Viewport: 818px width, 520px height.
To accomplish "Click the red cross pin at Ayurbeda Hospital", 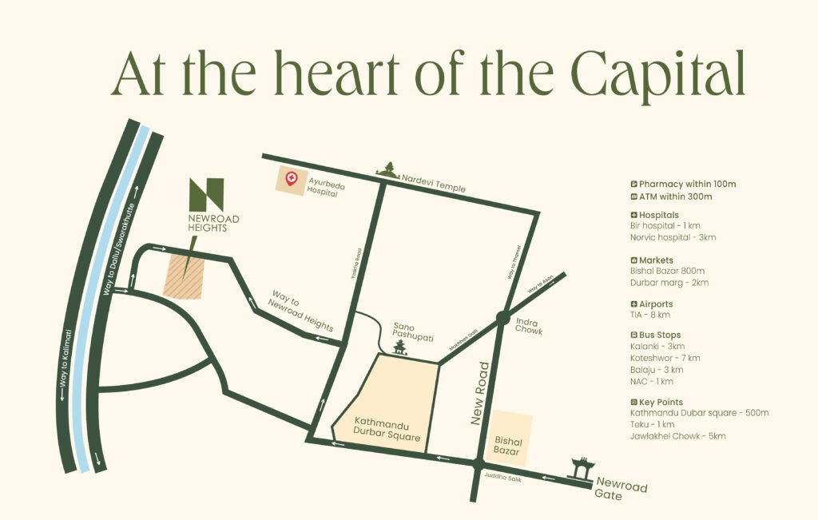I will (x=292, y=179).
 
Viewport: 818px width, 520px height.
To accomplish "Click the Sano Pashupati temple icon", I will (x=400, y=347).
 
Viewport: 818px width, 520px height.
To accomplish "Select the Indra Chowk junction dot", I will (x=502, y=318).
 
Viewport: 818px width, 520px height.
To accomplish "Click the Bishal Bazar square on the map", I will (x=510, y=439).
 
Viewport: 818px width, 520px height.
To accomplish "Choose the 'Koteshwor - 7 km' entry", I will (x=665, y=358).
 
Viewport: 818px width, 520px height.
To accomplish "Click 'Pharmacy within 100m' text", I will (x=687, y=184).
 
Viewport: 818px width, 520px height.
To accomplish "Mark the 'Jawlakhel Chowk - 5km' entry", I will (x=677, y=436).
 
